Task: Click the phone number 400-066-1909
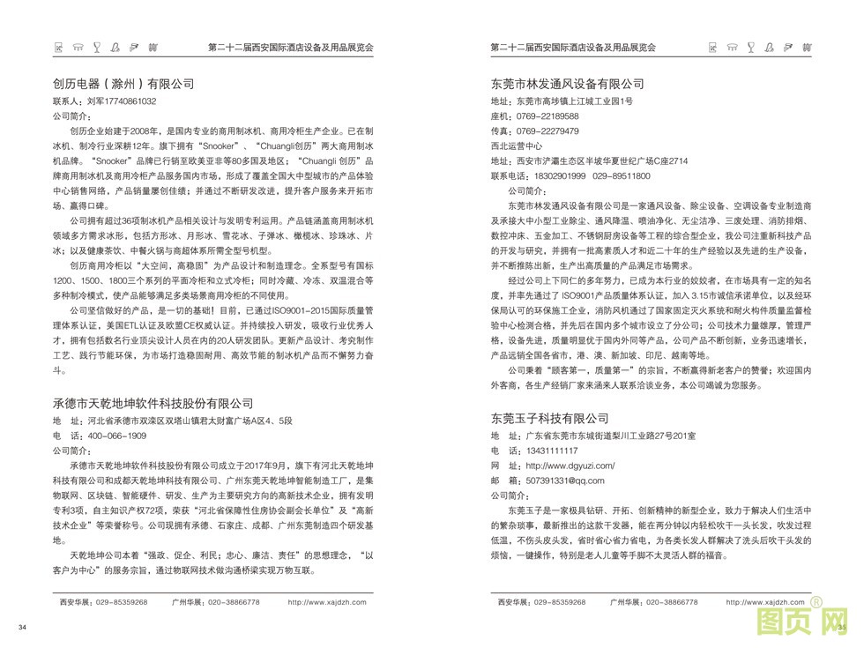[x=114, y=436]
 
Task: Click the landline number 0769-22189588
[x=547, y=116]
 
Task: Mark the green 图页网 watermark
[x=803, y=622]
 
